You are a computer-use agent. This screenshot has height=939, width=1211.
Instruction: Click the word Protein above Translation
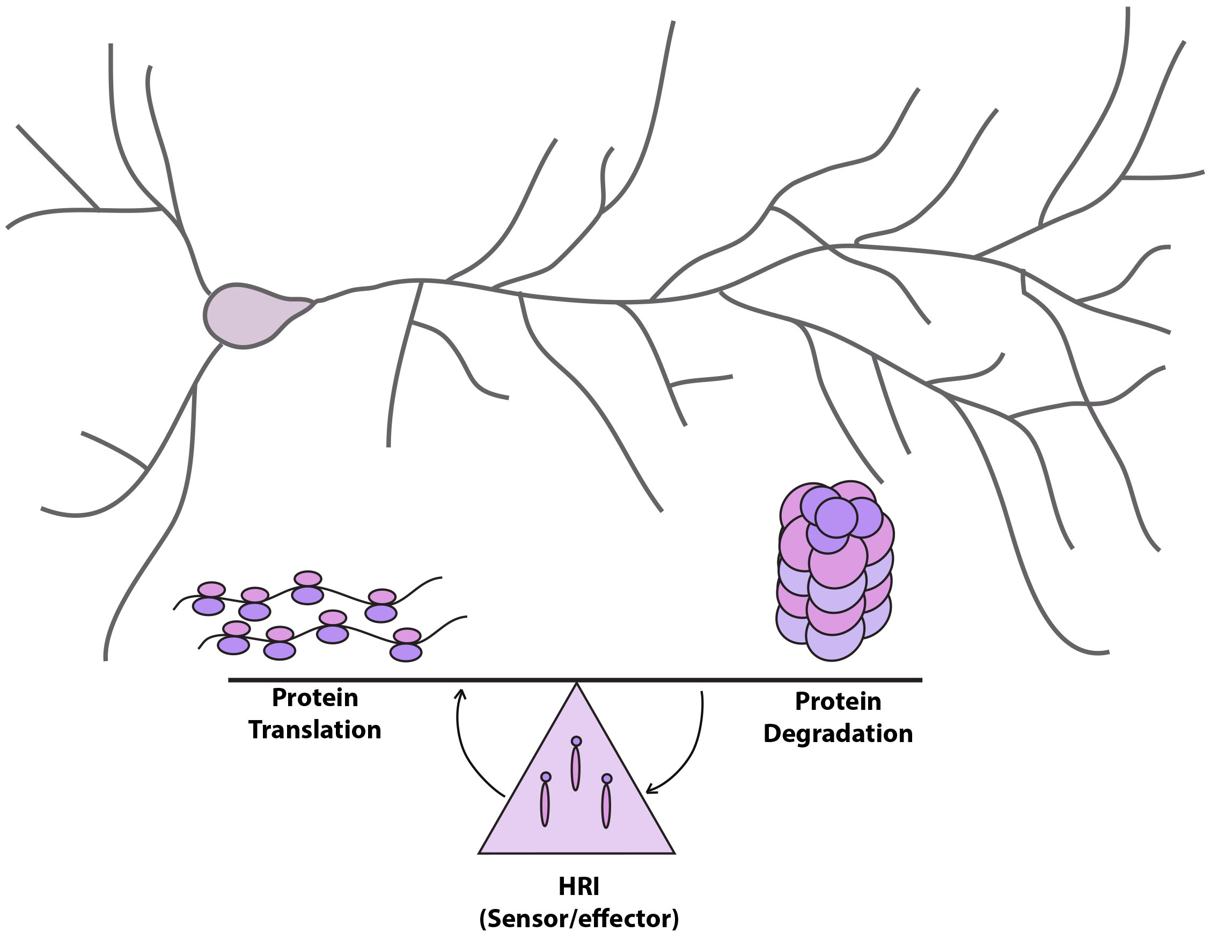point(314,698)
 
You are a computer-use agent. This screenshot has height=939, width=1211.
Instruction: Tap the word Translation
point(314,730)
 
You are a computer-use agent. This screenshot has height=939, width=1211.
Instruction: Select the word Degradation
point(838,734)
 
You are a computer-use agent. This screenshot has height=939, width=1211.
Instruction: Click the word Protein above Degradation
point(838,702)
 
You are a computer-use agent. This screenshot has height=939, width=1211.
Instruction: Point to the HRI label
point(578,886)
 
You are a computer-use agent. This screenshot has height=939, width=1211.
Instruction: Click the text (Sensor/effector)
point(578,919)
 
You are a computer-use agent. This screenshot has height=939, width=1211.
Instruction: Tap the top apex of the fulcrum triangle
point(577,685)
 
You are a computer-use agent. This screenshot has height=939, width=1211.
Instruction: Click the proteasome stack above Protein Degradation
point(834,571)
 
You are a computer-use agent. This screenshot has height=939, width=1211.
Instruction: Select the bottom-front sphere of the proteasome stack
point(834,638)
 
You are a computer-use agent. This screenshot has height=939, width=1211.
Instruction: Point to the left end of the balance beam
point(230,680)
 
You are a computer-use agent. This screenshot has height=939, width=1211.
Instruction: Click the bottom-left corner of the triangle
point(480,853)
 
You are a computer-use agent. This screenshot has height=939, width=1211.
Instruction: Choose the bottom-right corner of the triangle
point(674,853)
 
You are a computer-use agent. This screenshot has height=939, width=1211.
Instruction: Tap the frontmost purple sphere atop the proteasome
point(836,517)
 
